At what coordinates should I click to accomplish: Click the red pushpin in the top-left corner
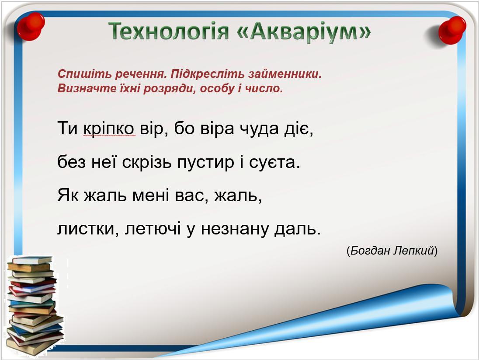31,26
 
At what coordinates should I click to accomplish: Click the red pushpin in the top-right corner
452,30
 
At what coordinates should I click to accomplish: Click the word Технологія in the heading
169,31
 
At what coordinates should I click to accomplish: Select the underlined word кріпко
108,129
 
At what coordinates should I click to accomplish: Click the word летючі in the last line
153,229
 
